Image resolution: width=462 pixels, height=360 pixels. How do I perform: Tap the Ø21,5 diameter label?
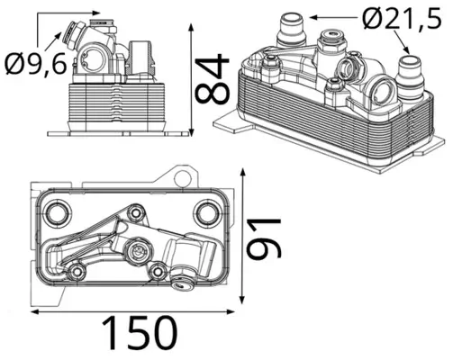coord(402,17)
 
